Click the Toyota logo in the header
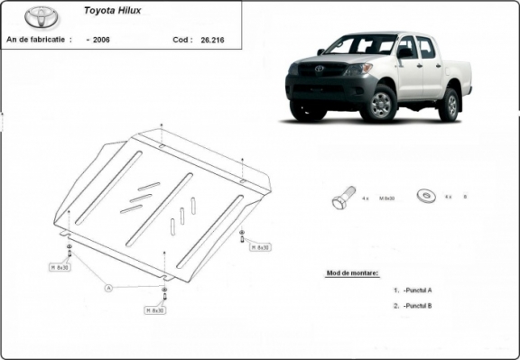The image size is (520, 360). tap(39, 17)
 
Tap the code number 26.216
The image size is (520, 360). tap(215, 41)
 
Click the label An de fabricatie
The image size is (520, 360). tap(39, 41)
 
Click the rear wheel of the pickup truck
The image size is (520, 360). tap(449, 104)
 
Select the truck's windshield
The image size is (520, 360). tap(361, 45)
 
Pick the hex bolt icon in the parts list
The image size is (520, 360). tap(343, 197)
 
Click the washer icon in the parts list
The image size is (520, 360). tap(424, 195)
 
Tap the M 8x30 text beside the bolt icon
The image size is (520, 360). tap(385, 197)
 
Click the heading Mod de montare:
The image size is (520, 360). tap(351, 272)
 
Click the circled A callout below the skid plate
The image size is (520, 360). tap(108, 288)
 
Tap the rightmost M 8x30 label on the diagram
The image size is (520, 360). tap(261, 246)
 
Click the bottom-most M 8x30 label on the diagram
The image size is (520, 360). tap(154, 309)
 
